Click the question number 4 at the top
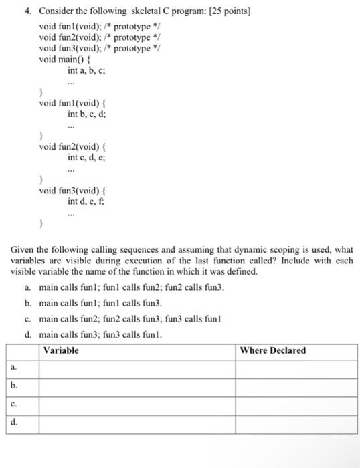28,11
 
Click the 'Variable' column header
61,350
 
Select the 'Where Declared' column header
272,350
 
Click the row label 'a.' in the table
14,368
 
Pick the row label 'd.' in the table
14,423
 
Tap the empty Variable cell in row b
137,386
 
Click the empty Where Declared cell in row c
296,404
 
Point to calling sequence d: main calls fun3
100,335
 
